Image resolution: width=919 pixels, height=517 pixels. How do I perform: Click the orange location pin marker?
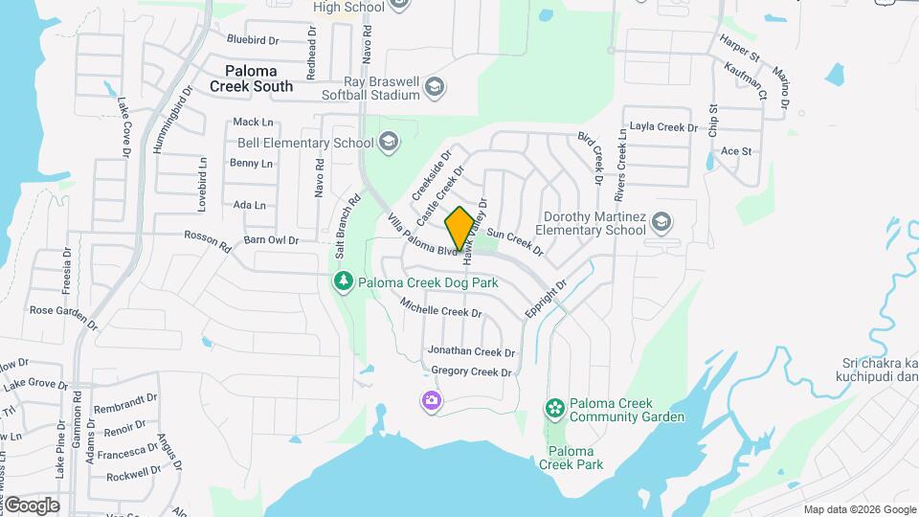coord(459,228)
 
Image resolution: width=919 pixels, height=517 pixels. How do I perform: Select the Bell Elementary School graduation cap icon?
coord(388,143)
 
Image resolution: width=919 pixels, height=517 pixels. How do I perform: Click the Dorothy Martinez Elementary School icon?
coord(661,223)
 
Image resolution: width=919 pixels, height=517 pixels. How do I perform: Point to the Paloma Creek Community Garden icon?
coord(554,409)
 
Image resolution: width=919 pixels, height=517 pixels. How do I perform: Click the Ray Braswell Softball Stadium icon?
coord(436,88)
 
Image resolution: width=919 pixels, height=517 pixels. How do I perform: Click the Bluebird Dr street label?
coord(252,40)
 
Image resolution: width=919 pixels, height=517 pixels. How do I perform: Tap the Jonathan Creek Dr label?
coord(471,352)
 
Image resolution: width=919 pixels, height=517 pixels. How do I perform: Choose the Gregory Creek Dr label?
coord(471,371)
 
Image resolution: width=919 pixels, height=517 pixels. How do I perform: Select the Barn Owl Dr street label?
coord(271,240)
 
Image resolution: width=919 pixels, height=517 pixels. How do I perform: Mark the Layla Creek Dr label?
coord(662,127)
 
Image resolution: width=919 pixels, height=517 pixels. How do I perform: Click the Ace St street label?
coord(735,151)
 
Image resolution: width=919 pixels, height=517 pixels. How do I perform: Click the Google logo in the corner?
coord(32,505)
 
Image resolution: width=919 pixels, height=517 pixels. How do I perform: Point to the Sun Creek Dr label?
coord(515,243)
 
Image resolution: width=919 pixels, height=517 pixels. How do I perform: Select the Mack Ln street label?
coord(253,122)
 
